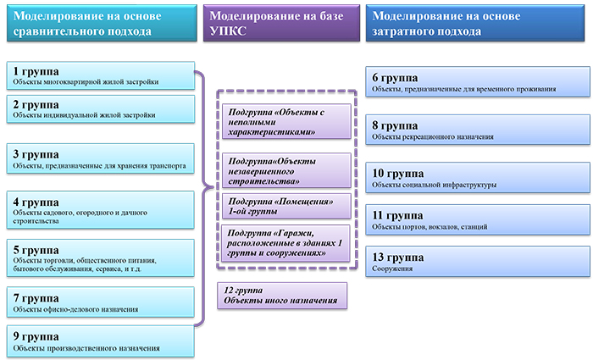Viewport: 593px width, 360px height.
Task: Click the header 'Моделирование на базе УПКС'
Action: click(281, 23)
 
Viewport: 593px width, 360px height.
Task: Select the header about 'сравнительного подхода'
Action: click(102, 23)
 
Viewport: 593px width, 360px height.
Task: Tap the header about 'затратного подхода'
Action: click(475, 23)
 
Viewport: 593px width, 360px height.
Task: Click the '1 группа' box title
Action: click(36, 71)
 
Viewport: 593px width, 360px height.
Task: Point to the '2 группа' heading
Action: click(36, 105)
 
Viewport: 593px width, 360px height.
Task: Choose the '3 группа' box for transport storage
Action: click(101, 158)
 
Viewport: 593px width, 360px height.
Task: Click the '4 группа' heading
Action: click(36, 202)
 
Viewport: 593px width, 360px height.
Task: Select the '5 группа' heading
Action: click(36, 250)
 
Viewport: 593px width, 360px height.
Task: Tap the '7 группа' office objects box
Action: click(101, 302)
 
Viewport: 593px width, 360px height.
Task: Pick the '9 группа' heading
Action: click(36, 336)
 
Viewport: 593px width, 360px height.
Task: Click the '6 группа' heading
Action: click(395, 78)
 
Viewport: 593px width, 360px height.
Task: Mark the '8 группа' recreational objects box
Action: click(478, 130)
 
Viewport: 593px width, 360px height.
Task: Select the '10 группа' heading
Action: click(398, 173)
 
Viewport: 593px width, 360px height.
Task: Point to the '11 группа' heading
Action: click(397, 215)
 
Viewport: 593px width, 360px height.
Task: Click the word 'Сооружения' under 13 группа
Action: click(392, 269)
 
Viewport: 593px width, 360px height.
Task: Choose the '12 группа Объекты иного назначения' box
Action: click(282, 296)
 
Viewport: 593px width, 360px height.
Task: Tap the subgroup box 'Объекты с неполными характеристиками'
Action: click(286, 121)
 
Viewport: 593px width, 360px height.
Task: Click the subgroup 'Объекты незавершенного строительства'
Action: click(286, 170)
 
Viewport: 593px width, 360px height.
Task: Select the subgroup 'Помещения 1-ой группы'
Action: click(286, 206)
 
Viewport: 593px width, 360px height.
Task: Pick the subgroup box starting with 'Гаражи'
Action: click(285, 243)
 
